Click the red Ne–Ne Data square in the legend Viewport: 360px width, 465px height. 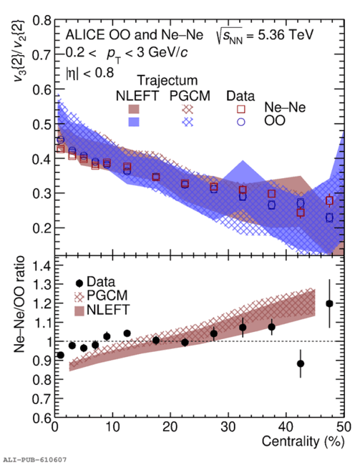tap(241, 109)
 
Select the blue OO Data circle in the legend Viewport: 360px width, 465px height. tap(241, 122)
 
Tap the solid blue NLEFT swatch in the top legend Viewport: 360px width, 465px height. tap(134, 122)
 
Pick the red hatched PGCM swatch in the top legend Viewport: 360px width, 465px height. tap(188, 109)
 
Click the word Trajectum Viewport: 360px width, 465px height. tap(167, 80)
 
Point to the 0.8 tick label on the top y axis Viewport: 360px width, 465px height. tap(42, 20)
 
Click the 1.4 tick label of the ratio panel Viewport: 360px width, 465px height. tap(42, 265)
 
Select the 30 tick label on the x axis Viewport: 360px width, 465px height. tap(228, 427)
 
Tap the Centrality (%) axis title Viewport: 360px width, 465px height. tap(303, 441)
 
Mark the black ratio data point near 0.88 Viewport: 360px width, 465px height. tap(301, 363)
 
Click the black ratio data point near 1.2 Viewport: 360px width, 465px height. tap(329, 303)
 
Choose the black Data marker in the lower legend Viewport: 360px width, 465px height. tap(79, 283)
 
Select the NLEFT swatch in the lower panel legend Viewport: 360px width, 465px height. tap(79, 311)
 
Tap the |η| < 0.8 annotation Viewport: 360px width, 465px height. tap(90, 73)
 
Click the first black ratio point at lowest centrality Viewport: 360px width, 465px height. tap(60, 355)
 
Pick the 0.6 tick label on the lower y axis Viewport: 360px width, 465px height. tap(42, 418)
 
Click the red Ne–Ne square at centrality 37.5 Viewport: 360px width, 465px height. tap(271, 194)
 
